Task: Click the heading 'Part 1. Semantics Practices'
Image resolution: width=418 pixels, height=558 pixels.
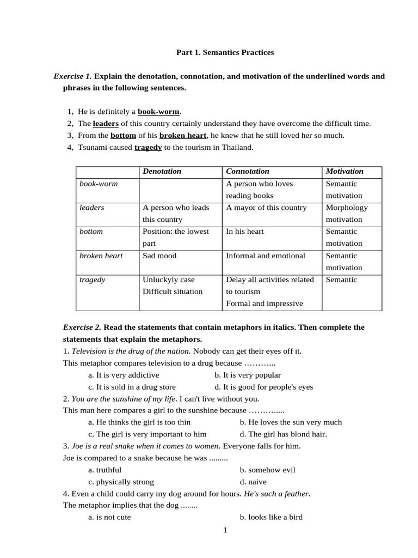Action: coord(225,52)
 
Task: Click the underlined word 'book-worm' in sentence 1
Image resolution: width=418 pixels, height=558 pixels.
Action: coord(158,112)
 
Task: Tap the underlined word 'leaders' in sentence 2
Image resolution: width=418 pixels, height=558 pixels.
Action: coord(106,124)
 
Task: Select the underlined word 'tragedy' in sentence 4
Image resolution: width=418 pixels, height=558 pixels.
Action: coord(148,148)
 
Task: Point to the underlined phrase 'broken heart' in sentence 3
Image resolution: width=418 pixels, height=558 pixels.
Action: coord(183,136)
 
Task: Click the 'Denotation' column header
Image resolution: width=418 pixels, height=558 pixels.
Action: coord(162,172)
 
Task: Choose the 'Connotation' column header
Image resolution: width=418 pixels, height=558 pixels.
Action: coord(248,172)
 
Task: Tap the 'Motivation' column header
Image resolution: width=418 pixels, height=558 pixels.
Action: coord(345,172)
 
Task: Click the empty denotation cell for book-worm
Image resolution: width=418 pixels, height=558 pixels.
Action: coord(180,190)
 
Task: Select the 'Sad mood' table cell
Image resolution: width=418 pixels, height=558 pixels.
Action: coord(159,256)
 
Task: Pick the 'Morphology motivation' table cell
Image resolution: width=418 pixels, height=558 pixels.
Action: coord(347,213)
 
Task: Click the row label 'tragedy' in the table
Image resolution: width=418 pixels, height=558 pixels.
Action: coord(93,280)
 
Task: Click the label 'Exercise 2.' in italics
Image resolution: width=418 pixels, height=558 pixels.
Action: coord(82,327)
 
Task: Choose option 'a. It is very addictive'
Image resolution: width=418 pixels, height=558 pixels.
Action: coord(124,375)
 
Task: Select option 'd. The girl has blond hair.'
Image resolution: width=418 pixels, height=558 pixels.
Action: coord(283,434)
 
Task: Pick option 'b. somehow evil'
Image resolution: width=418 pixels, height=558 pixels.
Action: coord(267,470)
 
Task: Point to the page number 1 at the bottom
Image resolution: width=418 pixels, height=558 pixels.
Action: coord(225,531)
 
